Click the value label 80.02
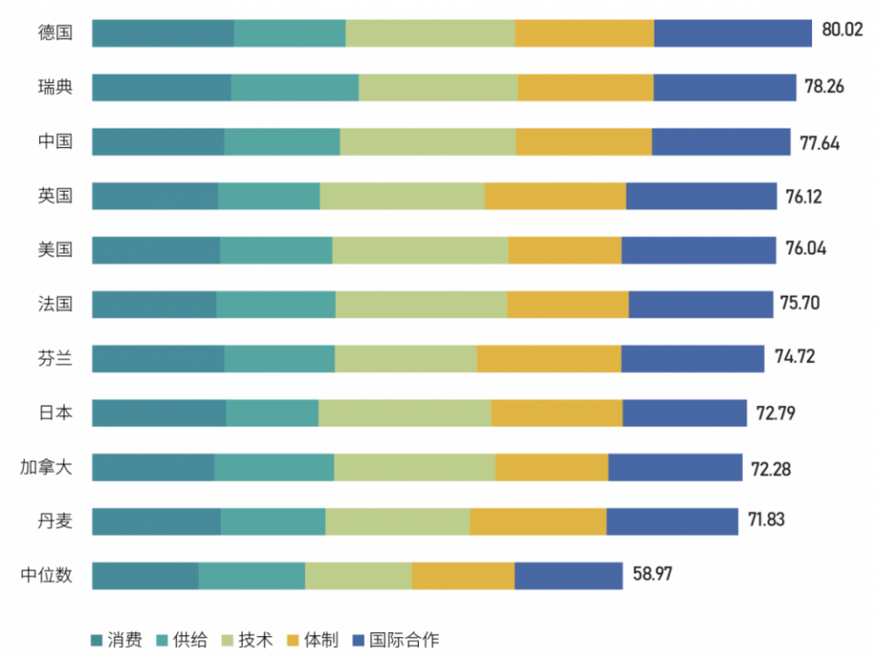(x=841, y=30)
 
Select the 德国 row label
(x=55, y=33)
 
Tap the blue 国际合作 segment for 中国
(x=721, y=141)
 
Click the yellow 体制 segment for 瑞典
(x=586, y=88)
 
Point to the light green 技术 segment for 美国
(x=420, y=249)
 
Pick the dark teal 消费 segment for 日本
(x=159, y=412)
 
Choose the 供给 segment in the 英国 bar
(x=269, y=195)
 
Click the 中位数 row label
(x=47, y=575)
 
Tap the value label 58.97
(x=653, y=575)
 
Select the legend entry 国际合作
(x=404, y=639)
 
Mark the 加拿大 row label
(x=47, y=467)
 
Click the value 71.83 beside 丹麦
(x=766, y=520)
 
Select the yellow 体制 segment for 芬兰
(x=548, y=359)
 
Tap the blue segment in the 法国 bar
(x=701, y=304)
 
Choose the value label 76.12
(x=804, y=196)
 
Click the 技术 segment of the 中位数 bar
(x=358, y=576)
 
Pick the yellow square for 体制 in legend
(x=293, y=640)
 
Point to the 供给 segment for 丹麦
(x=273, y=521)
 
